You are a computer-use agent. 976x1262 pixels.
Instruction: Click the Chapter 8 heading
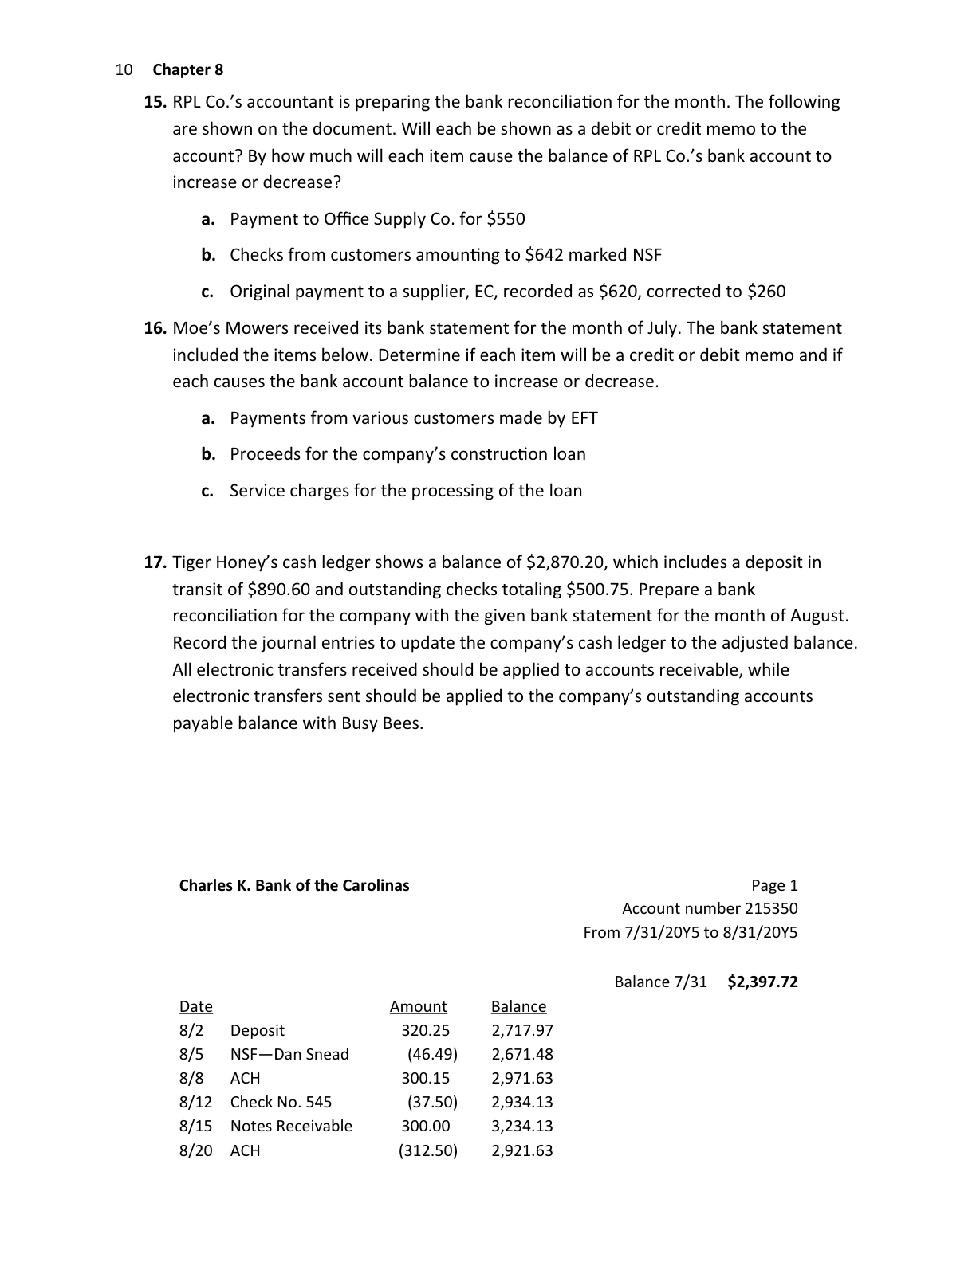coord(188,69)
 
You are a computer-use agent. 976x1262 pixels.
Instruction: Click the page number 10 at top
coord(124,69)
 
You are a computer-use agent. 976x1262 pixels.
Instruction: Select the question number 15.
coord(155,102)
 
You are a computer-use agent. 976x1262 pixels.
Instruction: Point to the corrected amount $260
coord(765,292)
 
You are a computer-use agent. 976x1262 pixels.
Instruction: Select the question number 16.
coord(155,328)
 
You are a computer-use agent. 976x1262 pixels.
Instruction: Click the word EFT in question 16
coord(583,418)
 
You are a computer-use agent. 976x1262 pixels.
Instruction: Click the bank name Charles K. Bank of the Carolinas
coord(293,885)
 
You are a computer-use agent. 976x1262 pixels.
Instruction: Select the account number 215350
coord(770,909)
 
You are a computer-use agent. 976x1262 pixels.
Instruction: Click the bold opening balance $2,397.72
coord(762,982)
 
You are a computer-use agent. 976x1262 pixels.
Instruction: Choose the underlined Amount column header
coord(418,1007)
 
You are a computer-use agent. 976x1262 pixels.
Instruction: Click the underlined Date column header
coord(195,1007)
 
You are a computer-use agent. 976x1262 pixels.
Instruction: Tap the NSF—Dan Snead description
coord(289,1055)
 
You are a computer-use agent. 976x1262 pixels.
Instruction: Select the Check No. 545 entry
coord(281,1103)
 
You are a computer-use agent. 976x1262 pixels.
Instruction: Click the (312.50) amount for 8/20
coord(427,1151)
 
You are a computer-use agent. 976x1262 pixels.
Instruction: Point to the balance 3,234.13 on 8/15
coord(521,1127)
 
